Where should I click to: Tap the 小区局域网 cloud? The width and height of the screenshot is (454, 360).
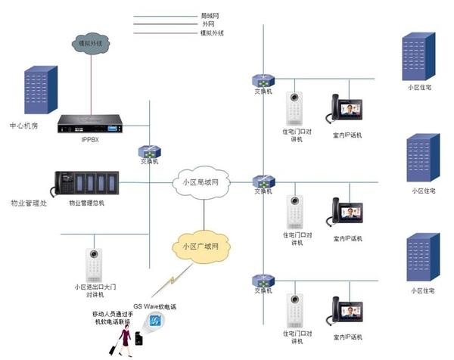201,182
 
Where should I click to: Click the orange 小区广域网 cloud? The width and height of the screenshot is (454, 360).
201,247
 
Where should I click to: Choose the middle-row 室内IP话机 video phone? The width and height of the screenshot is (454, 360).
347,215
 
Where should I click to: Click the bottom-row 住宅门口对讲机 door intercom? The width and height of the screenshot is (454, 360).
293,311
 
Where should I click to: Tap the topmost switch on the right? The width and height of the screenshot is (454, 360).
263,80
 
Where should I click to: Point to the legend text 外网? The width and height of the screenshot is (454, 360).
206,24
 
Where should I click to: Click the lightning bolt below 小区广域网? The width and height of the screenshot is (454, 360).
173,281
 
